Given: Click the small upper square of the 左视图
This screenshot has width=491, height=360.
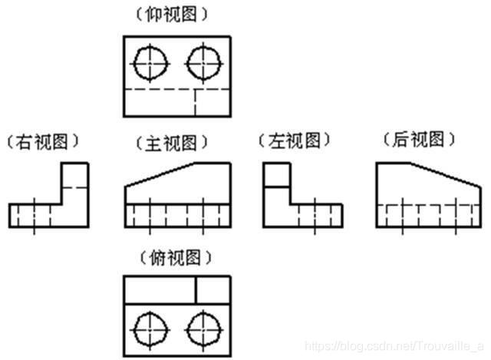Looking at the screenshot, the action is pos(276,176).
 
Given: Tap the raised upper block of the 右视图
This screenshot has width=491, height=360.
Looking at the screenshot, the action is pos(74,183).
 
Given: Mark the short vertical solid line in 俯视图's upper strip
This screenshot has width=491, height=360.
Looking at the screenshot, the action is pos(196,289).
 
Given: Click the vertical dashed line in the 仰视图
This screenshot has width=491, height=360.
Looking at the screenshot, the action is pos(196,102).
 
